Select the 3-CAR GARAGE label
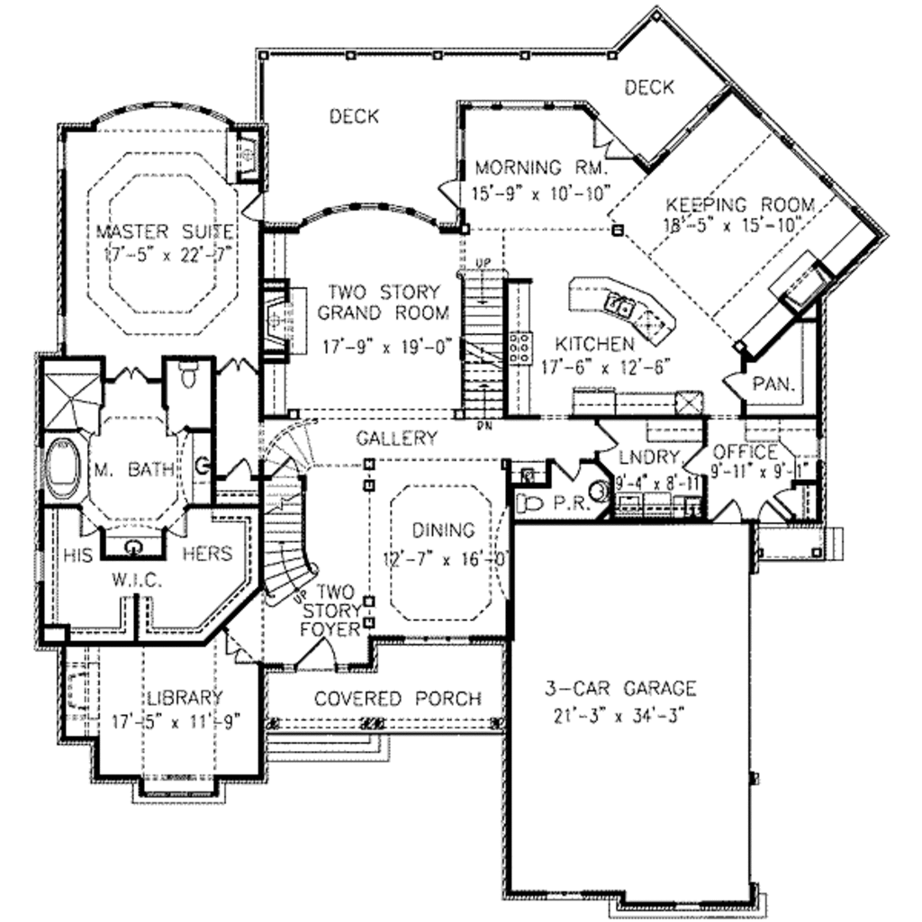click(x=619, y=689)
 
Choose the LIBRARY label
click(x=184, y=698)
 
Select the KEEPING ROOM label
click(x=739, y=203)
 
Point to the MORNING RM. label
click(x=542, y=167)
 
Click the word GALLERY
click(x=396, y=438)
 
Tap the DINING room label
click(x=442, y=530)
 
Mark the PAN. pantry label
click(x=773, y=384)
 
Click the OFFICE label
click(x=744, y=451)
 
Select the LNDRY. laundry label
click(x=648, y=457)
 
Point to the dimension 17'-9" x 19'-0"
click(x=386, y=347)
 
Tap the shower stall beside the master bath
click(x=72, y=394)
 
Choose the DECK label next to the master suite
click(x=353, y=116)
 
